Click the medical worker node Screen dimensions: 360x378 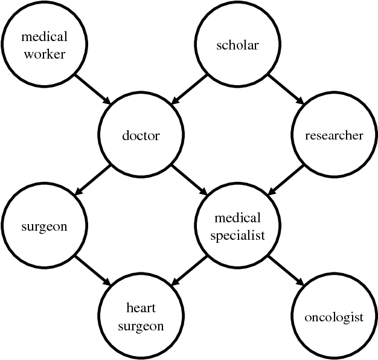(44, 45)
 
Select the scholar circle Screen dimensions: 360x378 (237, 45)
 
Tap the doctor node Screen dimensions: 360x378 (141, 135)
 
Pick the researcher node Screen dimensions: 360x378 (334, 135)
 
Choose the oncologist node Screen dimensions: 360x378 (334, 317)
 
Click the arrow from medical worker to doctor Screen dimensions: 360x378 (92, 90)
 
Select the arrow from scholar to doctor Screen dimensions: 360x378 (189, 90)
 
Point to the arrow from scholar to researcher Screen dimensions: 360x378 (286, 90)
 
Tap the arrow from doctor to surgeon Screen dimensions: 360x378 (92, 181)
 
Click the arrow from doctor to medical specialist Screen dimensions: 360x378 (189, 181)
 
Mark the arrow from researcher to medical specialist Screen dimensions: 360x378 (286, 181)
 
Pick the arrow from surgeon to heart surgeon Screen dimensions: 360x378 (92, 271)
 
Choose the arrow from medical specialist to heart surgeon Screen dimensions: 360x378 (189, 271)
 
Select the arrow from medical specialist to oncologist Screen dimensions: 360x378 (286, 271)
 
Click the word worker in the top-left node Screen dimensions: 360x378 (44, 54)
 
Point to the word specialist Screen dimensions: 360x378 (237, 236)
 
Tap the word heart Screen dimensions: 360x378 (141, 308)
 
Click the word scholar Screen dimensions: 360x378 (237, 45)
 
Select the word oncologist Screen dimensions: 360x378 (334, 317)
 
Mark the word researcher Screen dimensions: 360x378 (334, 135)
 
